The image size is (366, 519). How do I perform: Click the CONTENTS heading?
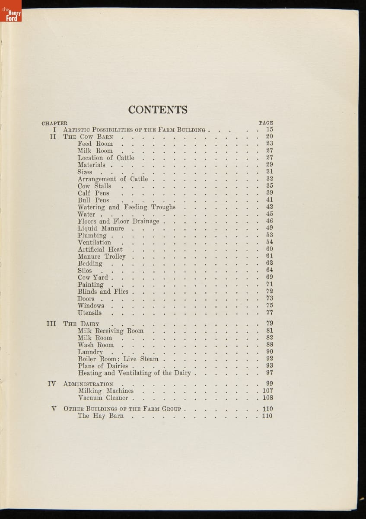tap(158, 110)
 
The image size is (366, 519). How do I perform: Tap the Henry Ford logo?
tap(11, 12)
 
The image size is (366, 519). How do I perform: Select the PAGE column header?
tap(266, 123)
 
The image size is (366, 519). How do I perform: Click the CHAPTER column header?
tap(54, 123)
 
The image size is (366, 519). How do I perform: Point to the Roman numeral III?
tap(51, 323)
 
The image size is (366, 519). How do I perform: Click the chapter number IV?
tap(51, 383)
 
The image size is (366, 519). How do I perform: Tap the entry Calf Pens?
tap(93, 193)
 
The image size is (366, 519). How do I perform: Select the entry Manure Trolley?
tap(102, 256)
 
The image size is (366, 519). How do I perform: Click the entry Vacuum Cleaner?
tap(103, 398)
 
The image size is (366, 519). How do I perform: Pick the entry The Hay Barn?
tap(101, 416)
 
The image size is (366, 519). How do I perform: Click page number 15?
tap(269, 129)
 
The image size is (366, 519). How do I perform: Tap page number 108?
tap(267, 398)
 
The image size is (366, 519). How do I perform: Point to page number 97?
tap(269, 372)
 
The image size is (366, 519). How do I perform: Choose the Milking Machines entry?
tap(106, 391)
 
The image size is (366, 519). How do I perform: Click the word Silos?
tap(85, 270)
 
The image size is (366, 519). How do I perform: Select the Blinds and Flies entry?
tap(103, 292)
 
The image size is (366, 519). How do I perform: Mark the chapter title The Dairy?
tap(81, 324)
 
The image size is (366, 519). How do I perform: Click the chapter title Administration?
tap(88, 384)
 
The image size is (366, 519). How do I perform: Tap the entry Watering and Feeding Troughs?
tap(127, 207)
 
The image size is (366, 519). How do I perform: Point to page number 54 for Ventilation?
tap(269, 242)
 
